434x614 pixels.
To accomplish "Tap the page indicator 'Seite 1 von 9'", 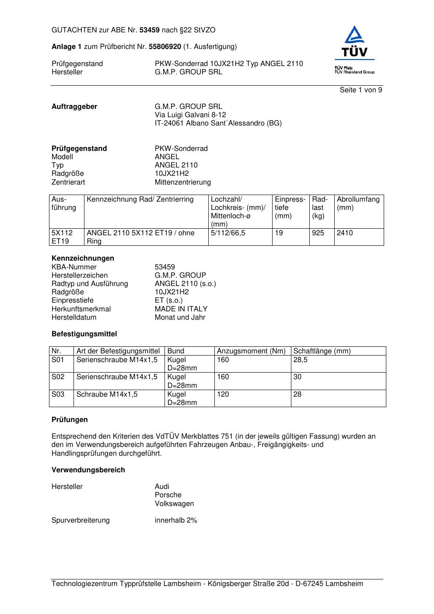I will pos(361,90).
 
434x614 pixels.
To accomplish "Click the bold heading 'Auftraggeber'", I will pos(74,107).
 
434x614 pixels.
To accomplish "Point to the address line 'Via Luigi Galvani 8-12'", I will pos(190,115).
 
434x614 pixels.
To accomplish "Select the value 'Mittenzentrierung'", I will pos(182,182).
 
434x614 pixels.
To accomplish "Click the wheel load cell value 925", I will pos(318,233).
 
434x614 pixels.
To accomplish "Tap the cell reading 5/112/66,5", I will pos(227,233).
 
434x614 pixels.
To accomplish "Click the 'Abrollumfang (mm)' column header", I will pos(358,203).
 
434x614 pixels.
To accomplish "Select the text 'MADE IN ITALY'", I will pos(181,309).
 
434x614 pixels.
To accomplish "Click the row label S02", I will pos(58,377).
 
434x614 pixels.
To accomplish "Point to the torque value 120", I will pos(223,394).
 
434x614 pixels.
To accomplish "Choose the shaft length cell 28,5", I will pos(300,360).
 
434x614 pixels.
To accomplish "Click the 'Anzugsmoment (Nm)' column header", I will pos(251,351).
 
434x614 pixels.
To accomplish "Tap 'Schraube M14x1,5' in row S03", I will pos(107,394).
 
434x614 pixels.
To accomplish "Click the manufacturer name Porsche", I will pos(168,495).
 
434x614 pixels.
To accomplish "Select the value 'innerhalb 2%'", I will pos(176,520).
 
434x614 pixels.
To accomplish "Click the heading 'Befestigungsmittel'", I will pos(84,334).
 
